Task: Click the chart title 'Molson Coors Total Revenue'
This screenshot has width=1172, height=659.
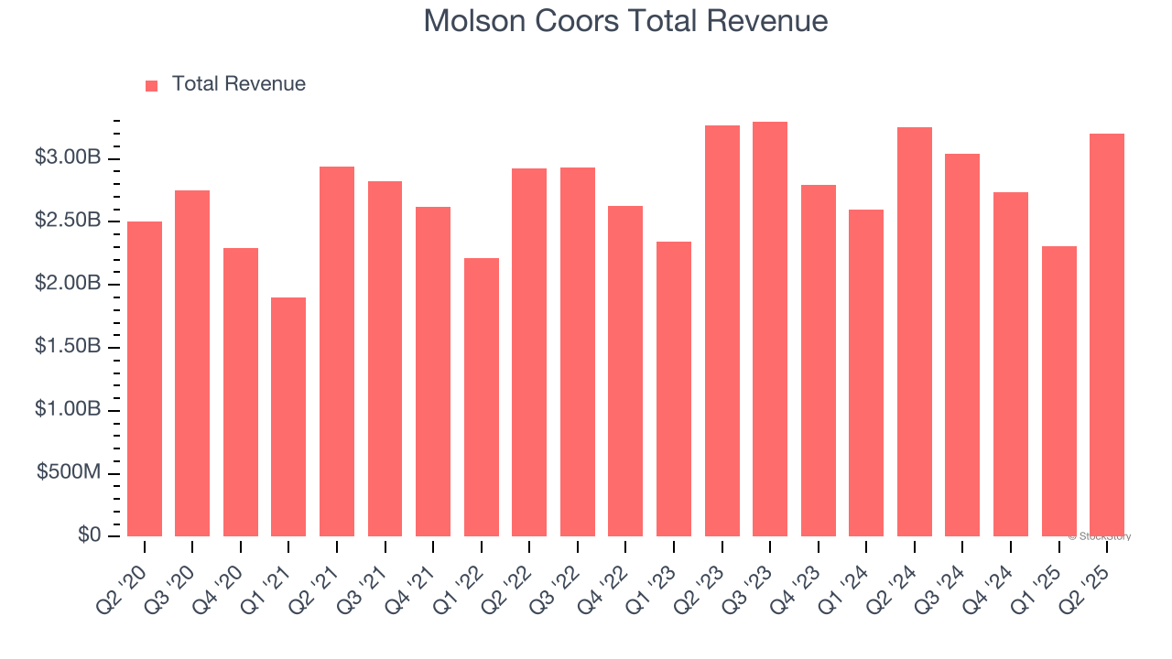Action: coord(625,21)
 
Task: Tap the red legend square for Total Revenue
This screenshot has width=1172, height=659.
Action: coord(152,85)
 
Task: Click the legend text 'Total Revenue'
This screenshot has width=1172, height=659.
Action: coord(238,84)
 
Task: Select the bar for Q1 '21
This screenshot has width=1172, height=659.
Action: coord(288,416)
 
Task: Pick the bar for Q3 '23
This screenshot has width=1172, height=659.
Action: coord(770,329)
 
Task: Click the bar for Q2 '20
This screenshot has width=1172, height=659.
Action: coord(145,379)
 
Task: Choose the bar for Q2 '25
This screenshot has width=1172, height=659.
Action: coord(1107,335)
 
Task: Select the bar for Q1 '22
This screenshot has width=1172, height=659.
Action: coord(482,397)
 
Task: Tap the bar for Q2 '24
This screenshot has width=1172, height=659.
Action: coord(915,331)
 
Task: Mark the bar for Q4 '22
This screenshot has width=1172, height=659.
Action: coord(625,371)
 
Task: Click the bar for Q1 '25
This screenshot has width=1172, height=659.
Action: coord(1059,391)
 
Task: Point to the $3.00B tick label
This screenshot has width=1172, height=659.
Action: coord(68,158)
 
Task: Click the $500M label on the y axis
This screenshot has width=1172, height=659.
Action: coord(69,473)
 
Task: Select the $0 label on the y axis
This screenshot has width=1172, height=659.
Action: coord(89,535)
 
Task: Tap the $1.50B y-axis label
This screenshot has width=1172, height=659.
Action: coord(68,347)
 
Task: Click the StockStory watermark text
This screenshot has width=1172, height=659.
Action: coord(1100,536)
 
